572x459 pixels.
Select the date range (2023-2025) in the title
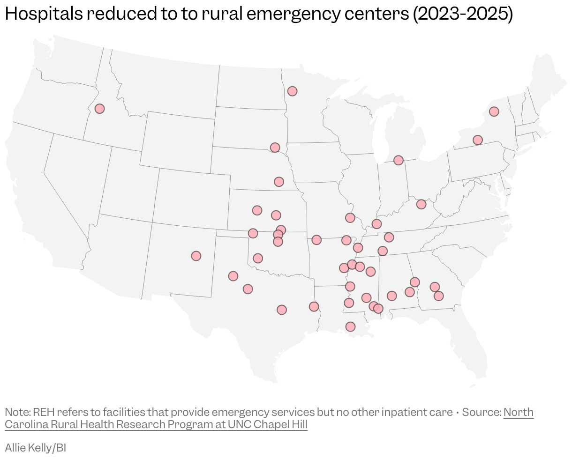pos(462,15)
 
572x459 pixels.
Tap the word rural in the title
pos(222,15)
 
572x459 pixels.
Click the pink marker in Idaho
pos(99,109)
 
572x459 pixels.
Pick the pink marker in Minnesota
pos(292,91)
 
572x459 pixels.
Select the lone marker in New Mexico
pos(196,256)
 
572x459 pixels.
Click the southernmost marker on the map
pos(350,326)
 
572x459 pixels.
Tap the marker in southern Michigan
pos(398,160)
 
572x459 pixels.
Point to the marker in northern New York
pos(494,111)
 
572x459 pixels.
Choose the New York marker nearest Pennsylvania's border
pos(477,140)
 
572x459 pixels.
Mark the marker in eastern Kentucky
pos(421,204)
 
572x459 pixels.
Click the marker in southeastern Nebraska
pos(279,182)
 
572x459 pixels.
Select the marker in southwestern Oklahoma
pos(257,258)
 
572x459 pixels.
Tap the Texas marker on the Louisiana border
pos(314,307)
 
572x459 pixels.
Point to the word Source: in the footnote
pos(482,412)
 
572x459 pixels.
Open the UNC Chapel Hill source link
pos(156,424)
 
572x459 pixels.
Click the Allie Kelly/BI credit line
pos(36,448)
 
